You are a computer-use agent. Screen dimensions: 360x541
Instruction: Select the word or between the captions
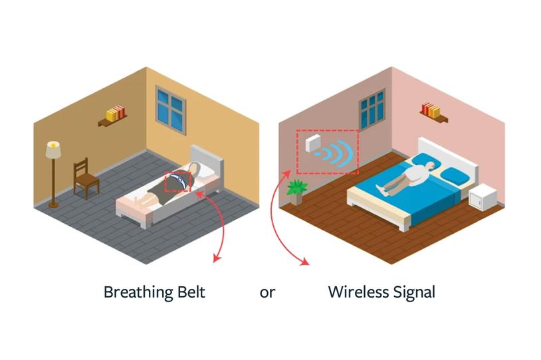(267, 292)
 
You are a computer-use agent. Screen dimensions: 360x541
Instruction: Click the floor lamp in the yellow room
(53, 173)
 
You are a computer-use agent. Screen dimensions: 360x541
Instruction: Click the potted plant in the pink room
(296, 191)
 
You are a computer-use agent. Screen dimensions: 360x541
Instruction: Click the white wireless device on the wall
(312, 144)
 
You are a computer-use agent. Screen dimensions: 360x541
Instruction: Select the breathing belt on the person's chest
(178, 181)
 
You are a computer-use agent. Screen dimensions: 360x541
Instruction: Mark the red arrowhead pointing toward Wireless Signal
(305, 262)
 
